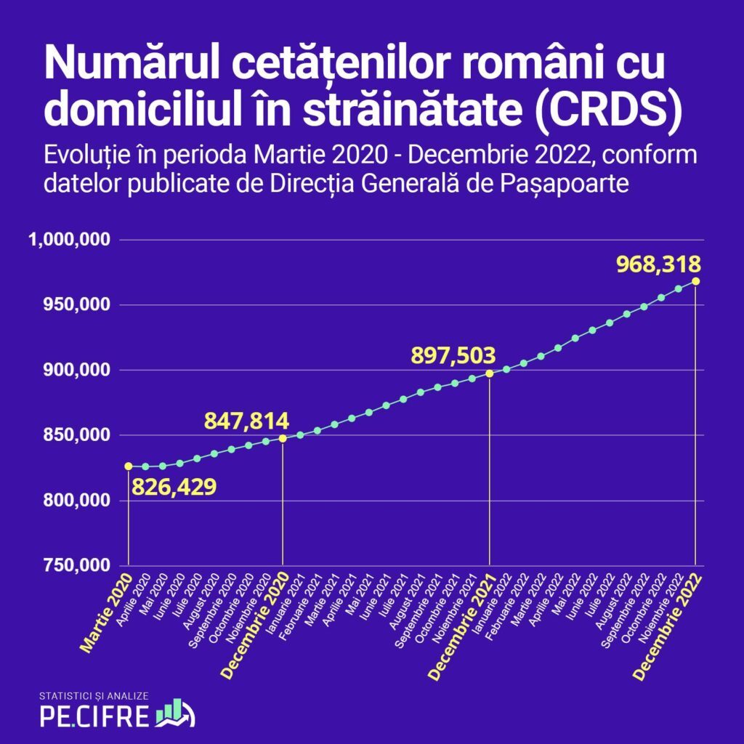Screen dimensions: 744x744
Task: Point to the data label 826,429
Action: click(x=174, y=485)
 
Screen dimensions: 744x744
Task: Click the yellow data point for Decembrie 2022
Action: click(x=696, y=281)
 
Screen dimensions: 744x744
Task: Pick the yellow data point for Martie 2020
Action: click(x=129, y=466)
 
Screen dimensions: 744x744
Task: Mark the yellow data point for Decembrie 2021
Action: click(x=489, y=373)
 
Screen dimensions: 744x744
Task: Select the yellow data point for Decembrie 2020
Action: click(x=283, y=438)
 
